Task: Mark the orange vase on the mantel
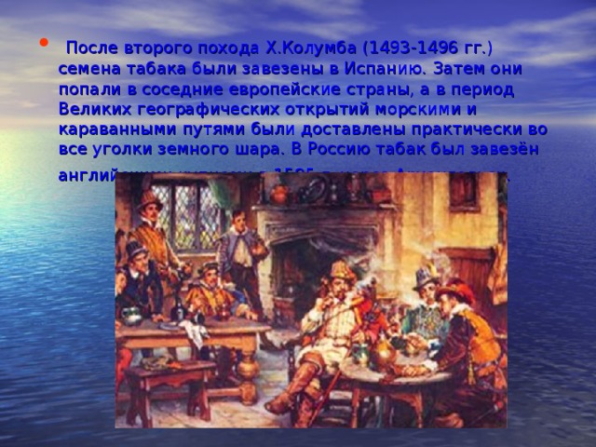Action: pos(278,194)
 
